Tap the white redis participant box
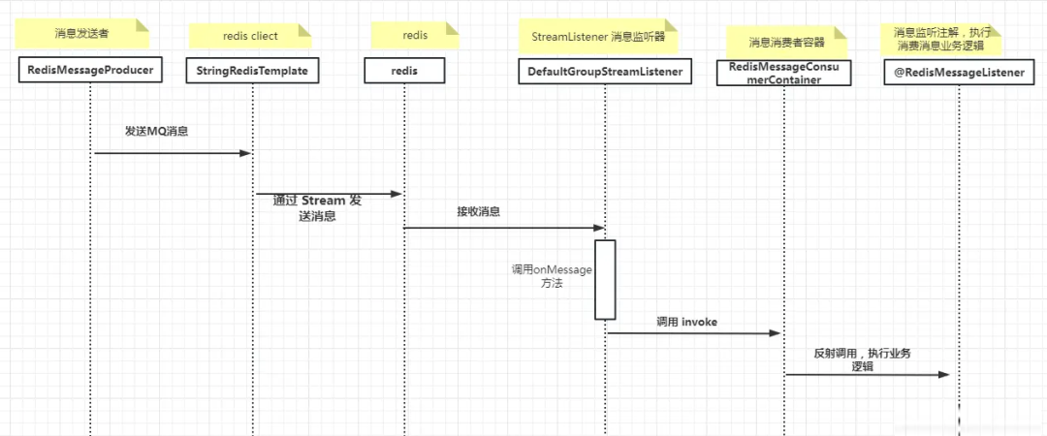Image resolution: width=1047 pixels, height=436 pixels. pos(404,71)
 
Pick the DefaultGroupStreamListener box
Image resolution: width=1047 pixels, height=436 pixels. pos(606,71)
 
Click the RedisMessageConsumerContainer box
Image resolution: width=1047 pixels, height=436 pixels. pos(782,73)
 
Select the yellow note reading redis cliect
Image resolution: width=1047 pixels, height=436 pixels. pos(250,36)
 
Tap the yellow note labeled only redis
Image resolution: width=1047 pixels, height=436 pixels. pos(415,35)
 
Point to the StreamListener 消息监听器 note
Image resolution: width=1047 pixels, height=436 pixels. pos(597,36)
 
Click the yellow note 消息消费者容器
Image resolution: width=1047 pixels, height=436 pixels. pos(788,43)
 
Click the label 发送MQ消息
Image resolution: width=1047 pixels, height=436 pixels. pos(156,131)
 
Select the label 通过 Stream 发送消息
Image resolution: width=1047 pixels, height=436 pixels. pos(317,208)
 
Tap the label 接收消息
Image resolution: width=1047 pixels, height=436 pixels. pos(479,211)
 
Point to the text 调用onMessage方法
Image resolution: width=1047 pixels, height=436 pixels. pos(552,277)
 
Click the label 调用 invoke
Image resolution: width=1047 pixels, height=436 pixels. pos(686,321)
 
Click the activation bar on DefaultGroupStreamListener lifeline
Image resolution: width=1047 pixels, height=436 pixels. pos(606,279)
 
